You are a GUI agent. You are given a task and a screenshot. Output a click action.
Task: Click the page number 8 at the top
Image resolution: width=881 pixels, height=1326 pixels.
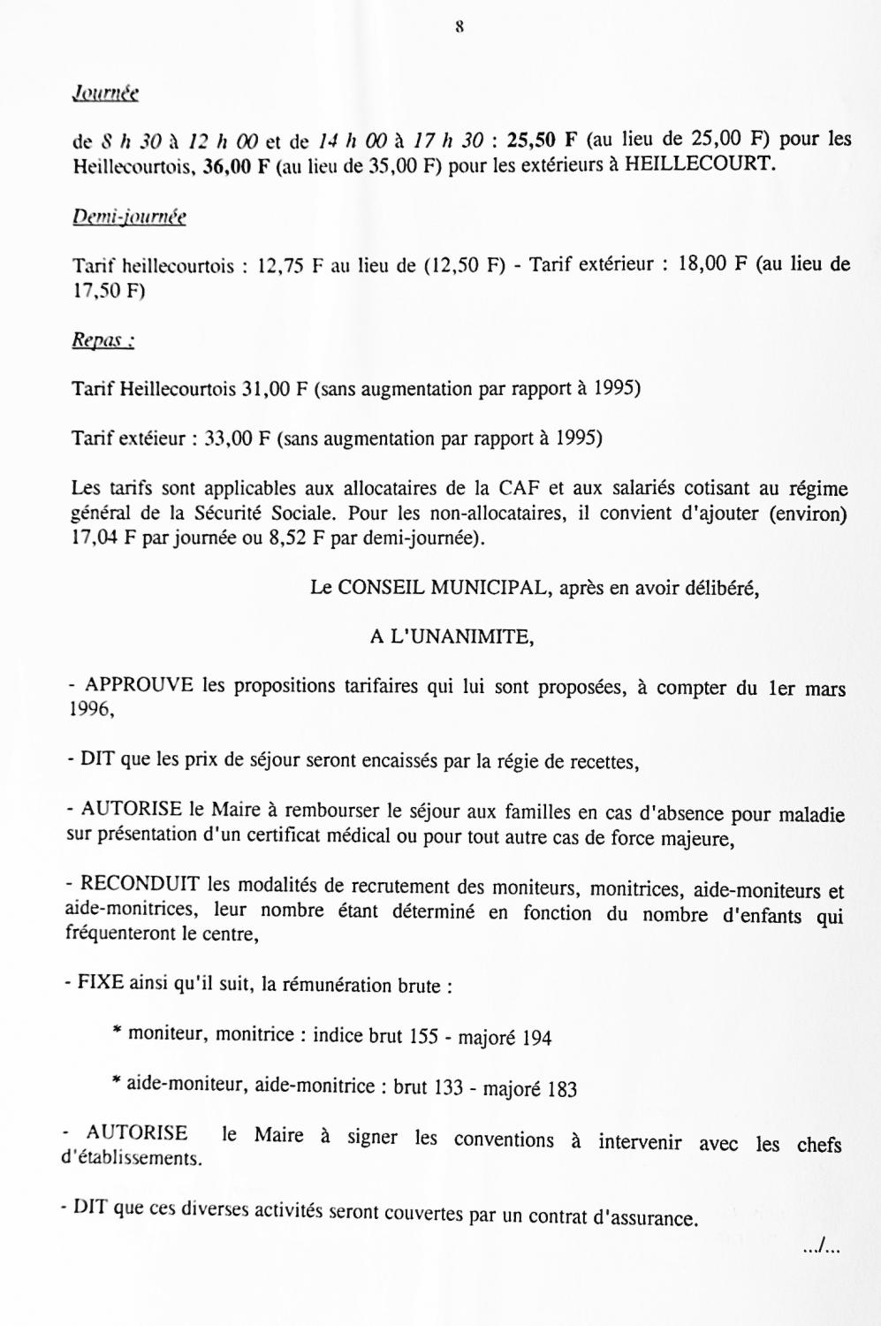pos(459,27)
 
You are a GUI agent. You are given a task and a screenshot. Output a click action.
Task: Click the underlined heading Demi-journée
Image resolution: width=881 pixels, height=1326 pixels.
pos(129,217)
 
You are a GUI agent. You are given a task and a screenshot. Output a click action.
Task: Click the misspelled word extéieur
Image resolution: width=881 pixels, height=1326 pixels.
pos(153,438)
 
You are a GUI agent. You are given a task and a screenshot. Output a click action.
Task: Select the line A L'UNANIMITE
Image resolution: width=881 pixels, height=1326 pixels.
pos(452,636)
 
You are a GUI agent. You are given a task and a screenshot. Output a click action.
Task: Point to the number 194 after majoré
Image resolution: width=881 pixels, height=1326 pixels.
pos(536,1038)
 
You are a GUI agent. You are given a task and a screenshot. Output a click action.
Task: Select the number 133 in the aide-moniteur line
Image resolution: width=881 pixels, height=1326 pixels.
pos(449,1087)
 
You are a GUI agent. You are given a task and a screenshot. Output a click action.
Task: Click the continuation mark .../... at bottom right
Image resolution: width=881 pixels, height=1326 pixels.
pos(821,1248)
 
